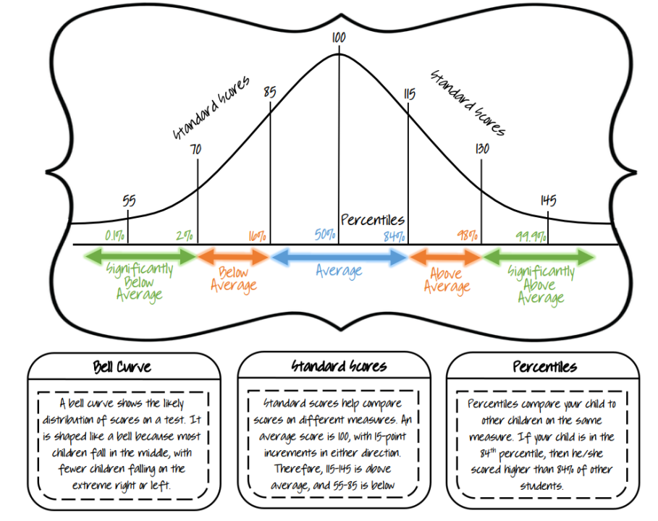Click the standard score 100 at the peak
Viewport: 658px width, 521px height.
click(x=338, y=36)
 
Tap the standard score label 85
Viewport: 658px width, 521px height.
click(x=269, y=93)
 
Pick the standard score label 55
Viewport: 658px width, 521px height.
click(x=129, y=200)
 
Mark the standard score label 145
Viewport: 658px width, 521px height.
click(x=548, y=200)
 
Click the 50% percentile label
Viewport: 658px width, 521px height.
click(x=325, y=234)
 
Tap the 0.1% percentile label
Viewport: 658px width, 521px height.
click(x=115, y=234)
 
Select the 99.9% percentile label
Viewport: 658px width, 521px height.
click(x=531, y=234)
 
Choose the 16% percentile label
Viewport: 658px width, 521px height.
click(x=257, y=234)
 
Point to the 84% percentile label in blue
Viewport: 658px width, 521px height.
click(x=395, y=234)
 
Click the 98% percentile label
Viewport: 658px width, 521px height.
click(x=468, y=234)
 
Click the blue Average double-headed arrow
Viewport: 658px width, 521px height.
click(x=339, y=256)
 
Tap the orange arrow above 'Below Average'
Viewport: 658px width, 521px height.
click(x=233, y=256)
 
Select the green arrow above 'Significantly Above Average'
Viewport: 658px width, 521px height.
click(x=540, y=256)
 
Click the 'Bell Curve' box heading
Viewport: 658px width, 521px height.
click(x=122, y=366)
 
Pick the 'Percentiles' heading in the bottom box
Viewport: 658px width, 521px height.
click(x=544, y=366)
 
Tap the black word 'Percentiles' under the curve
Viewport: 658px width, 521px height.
click(x=372, y=220)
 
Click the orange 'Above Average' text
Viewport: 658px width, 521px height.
click(x=447, y=281)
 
